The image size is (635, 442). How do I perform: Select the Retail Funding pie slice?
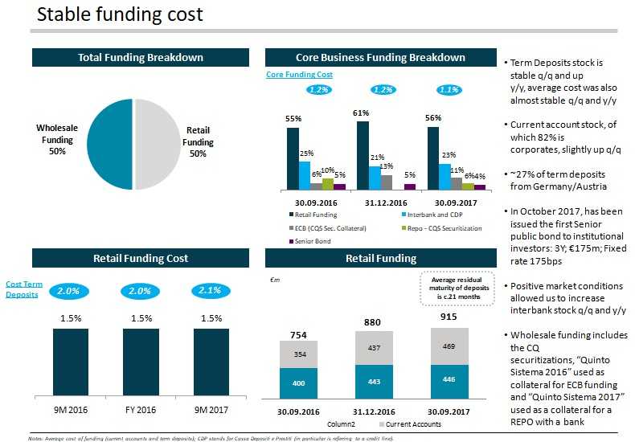coord(158,144)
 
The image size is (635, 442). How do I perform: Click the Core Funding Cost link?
coord(299,75)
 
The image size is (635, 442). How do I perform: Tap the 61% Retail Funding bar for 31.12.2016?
coord(363,155)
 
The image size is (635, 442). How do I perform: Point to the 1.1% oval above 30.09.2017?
coord(448,90)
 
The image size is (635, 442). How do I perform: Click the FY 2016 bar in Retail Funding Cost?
coord(141,362)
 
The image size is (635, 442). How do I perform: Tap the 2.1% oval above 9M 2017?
coord(209,291)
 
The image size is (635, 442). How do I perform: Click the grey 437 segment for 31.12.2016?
coord(374,347)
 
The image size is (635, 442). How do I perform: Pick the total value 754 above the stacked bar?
coord(298,334)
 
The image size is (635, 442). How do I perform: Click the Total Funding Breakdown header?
coord(140,58)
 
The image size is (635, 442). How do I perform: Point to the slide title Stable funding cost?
coord(120,14)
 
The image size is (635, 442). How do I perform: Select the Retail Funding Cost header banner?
coord(140,258)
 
